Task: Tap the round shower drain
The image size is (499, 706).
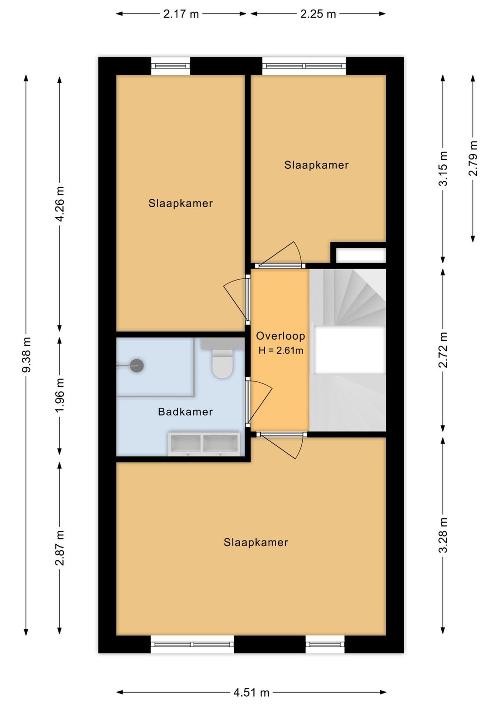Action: click(137, 365)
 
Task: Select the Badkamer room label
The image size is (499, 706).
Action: click(185, 411)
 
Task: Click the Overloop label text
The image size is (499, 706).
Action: click(280, 336)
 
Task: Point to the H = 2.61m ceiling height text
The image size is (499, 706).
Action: click(281, 350)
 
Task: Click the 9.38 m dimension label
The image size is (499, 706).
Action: click(26, 355)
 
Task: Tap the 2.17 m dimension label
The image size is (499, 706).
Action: click(181, 14)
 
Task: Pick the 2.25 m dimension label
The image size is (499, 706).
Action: click(318, 14)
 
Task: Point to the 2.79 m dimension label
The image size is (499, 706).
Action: click(473, 158)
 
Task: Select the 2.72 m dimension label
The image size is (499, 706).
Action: click(443, 350)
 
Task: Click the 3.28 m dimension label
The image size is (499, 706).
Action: click(443, 535)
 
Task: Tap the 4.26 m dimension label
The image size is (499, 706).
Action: click(60, 204)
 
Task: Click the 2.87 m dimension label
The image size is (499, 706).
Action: click(60, 548)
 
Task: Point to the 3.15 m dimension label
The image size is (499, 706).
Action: click(443, 169)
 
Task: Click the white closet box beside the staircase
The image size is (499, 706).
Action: click(361, 255)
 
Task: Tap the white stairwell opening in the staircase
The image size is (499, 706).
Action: click(350, 350)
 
